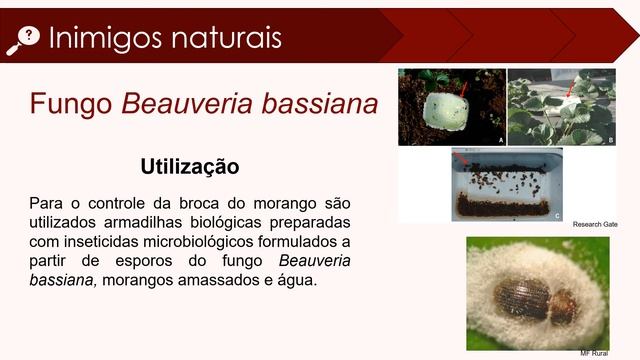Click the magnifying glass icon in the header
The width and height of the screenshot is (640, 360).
(22, 38)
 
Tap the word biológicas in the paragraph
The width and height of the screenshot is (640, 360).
(214, 222)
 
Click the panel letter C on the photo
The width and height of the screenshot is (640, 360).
(557, 214)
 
